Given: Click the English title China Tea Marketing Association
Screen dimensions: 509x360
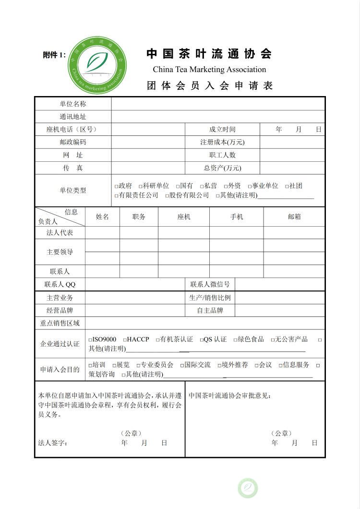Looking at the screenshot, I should pos(209,69).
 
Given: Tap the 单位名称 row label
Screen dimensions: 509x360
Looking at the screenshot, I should pos(73,104).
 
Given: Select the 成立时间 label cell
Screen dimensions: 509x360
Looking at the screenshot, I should pos(222,129).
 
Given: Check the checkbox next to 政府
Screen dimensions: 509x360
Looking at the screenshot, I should pos(116,186).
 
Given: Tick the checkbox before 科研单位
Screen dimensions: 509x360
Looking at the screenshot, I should pos(141,186).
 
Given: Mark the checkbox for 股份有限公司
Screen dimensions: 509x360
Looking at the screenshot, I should pos(167,196).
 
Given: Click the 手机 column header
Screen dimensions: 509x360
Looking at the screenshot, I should pos(237,217).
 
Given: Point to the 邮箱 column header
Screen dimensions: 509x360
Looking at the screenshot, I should pos(294,217).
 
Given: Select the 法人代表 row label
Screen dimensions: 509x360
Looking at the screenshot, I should pos(60,233).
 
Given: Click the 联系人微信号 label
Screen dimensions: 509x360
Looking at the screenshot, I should pos(210,284).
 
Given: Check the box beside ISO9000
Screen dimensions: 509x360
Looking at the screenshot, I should pos(90,340).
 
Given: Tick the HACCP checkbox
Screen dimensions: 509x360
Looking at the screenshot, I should pos(124,340).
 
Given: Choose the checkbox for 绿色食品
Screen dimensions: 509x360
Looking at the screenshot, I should pos(236,340).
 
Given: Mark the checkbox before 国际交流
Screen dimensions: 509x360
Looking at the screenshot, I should pos(182,365).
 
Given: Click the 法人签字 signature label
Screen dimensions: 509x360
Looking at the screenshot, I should pos(53,443).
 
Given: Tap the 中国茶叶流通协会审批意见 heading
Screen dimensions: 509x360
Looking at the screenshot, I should pos(230,396).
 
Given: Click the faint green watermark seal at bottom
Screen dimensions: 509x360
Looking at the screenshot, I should pos(248,488).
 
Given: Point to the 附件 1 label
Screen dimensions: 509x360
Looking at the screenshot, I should pos(54,55).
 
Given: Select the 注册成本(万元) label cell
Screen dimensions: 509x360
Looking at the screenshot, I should pos(222,142).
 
